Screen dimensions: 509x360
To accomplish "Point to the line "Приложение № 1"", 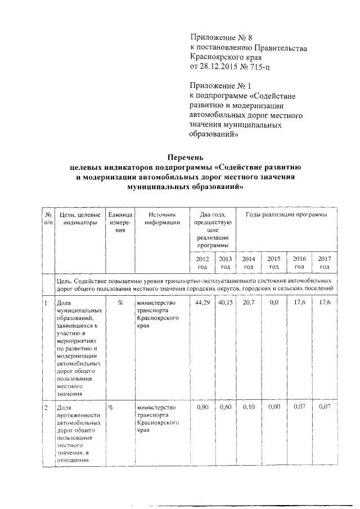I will [220, 86].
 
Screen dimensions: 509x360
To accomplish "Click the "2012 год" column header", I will [202, 262].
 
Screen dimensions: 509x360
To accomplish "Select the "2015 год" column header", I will [274, 262].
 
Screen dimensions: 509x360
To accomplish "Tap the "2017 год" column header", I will [324, 262].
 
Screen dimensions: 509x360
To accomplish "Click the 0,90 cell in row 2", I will [202, 407].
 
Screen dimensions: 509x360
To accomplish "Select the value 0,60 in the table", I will [226, 407].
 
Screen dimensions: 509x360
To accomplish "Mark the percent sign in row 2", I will [111, 407].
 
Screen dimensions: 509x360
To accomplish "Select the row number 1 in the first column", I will [46, 303].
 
